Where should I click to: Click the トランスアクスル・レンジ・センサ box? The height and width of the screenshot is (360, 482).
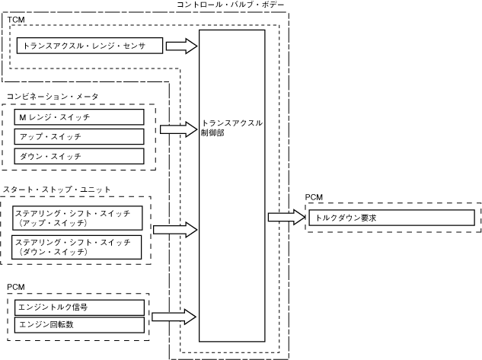pyautogui.click(x=89, y=46)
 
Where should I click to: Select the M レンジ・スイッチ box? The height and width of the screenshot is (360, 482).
pyautogui.click(x=79, y=117)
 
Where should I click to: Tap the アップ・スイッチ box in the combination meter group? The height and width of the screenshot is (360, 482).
pyautogui.click(x=79, y=137)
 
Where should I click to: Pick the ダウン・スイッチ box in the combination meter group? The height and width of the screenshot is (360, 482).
pyautogui.click(x=79, y=156)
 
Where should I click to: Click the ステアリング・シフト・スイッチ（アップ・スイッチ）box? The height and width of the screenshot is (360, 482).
pyautogui.click(x=78, y=218)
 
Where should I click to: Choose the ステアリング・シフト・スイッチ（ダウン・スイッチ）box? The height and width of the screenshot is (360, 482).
pyautogui.click(x=77, y=247)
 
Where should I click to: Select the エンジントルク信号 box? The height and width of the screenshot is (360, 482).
pyautogui.click(x=80, y=307)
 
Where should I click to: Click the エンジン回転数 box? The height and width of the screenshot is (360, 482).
pyautogui.click(x=80, y=325)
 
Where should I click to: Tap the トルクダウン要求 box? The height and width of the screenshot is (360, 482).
pyautogui.click(x=391, y=218)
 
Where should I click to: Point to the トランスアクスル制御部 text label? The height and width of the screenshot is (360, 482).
pyautogui.click(x=231, y=128)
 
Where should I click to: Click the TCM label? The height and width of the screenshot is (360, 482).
pyautogui.click(x=16, y=20)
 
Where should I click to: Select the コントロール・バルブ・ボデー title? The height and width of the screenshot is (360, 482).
pyautogui.click(x=231, y=5)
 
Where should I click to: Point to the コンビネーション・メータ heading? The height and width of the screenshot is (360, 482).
pyautogui.click(x=53, y=97)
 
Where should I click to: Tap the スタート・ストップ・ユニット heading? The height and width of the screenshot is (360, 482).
pyautogui.click(x=56, y=190)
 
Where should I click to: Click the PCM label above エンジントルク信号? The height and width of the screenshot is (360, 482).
pyautogui.click(x=16, y=287)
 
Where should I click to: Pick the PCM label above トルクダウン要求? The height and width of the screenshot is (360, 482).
pyautogui.click(x=314, y=197)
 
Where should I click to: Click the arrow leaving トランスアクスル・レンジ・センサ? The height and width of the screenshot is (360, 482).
pyautogui.click(x=181, y=46)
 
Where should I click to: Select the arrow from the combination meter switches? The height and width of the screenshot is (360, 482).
pyautogui.click(x=179, y=129)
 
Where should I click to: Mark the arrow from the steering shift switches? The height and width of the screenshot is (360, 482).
pyautogui.click(x=175, y=229)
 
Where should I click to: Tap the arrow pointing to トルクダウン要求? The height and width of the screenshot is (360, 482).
pyautogui.click(x=287, y=217)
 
